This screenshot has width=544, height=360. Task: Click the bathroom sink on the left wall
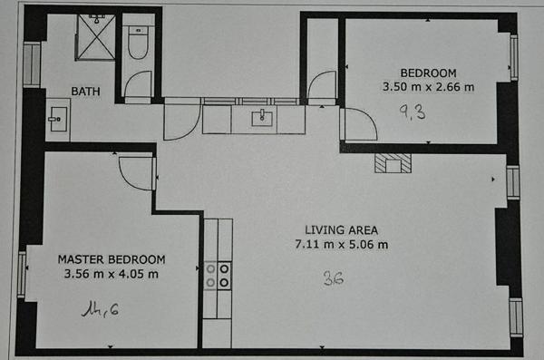(57, 119)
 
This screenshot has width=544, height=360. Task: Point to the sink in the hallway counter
(262, 117)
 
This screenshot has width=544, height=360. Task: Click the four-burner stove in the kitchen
(217, 275)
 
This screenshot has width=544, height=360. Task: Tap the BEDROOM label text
(429, 73)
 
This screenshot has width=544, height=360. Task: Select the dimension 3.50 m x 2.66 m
(429, 87)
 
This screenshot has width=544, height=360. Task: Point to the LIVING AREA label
(341, 229)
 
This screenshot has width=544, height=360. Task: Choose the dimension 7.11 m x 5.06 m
(341, 245)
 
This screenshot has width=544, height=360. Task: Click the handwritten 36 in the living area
(333, 279)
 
